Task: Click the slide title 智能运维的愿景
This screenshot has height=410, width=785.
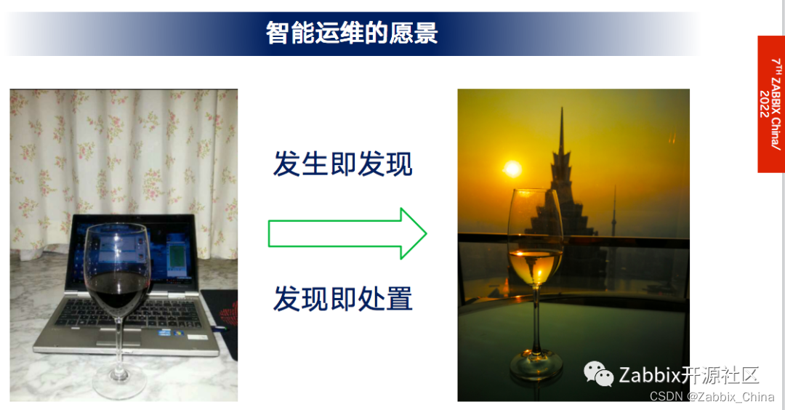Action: pos(352,33)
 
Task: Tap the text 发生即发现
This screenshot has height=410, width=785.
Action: pos(342,164)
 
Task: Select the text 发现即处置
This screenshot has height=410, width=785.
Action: pos(342,299)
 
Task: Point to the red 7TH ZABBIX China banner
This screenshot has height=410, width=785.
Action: pos(770,103)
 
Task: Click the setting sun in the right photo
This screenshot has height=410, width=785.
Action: pos(512,169)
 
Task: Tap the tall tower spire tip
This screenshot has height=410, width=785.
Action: pos(562,111)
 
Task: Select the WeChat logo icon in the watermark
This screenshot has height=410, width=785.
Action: pos(599,374)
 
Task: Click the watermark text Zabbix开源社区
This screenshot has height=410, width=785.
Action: pos(688,375)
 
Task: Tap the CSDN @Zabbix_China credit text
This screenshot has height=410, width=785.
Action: pos(712,397)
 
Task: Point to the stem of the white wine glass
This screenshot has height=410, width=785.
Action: pos(536,320)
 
